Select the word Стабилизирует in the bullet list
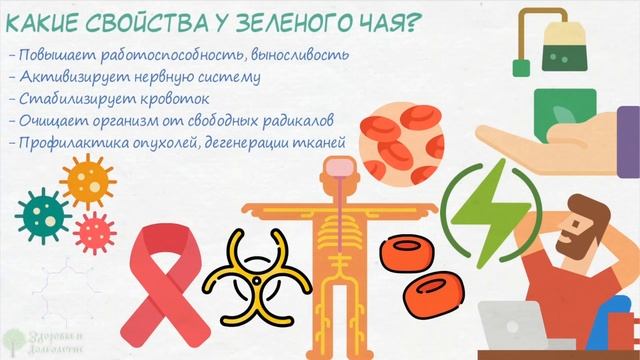point(68,99)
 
